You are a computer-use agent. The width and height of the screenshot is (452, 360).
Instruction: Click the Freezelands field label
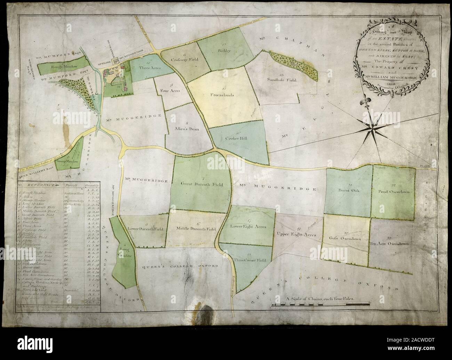(221, 94)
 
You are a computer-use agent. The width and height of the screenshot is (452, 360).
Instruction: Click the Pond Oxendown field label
(394, 192)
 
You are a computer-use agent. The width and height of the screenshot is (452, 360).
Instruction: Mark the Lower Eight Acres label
(248, 226)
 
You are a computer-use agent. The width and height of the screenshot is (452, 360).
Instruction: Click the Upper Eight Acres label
(296, 235)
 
